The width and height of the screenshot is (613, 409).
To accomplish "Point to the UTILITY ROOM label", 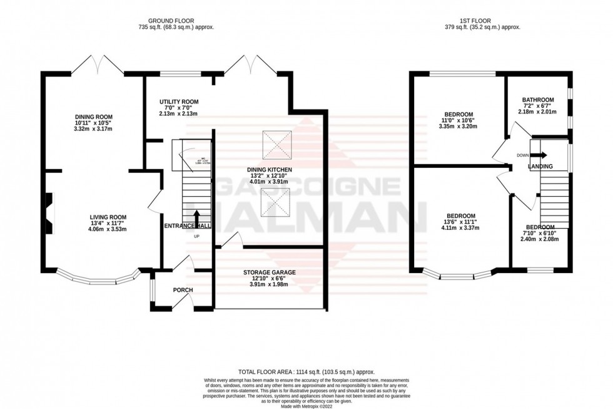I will (178, 101).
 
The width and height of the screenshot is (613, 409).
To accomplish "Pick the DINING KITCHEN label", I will (270, 170).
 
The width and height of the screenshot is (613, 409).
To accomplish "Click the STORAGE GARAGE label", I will (270, 272).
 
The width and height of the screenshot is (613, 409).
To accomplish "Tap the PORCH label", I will (183, 290).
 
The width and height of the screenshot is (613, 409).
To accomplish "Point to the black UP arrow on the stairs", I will (197, 219).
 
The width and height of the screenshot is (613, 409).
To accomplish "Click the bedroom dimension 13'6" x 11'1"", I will (460, 222).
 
